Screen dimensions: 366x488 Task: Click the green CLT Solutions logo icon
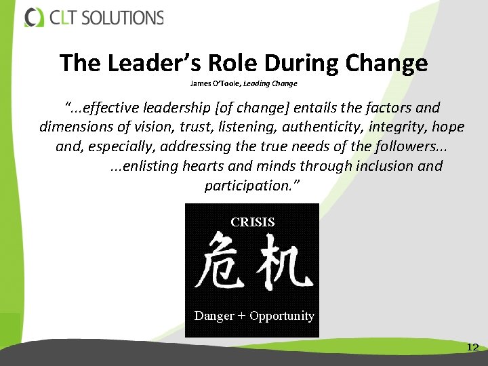click(x=34, y=17)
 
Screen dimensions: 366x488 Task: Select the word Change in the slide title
click(x=386, y=64)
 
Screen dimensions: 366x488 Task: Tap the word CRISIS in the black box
click(x=253, y=222)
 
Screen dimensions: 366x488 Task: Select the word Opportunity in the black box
click(x=282, y=316)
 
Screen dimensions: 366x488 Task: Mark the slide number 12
click(x=472, y=347)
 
